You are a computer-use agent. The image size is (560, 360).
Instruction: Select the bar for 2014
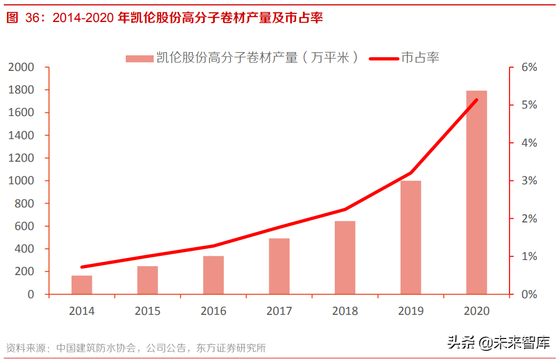point(82,285)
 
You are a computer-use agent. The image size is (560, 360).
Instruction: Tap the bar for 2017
point(279,266)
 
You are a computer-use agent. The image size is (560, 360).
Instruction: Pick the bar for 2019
point(411,237)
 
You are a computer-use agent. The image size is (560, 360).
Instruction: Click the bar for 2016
point(213,275)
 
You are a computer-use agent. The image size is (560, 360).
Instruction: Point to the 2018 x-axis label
point(345,311)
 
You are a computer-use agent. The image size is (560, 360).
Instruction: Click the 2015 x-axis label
point(147,311)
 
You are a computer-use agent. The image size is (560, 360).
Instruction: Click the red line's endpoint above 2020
point(476,100)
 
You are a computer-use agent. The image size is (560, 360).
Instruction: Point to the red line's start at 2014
point(82,267)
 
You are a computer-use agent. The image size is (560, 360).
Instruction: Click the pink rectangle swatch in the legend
point(139,58)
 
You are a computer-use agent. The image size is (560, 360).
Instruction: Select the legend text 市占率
point(420,57)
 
